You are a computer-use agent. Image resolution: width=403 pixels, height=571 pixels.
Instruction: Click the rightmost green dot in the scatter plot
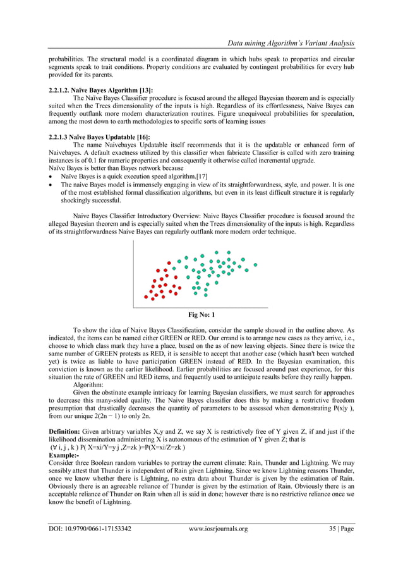(x=255, y=264)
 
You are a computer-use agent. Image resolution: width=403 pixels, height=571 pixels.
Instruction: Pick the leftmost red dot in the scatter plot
(x=146, y=297)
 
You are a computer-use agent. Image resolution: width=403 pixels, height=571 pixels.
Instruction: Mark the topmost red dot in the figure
(x=168, y=262)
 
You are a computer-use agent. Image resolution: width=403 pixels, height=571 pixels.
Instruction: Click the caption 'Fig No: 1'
(x=201, y=314)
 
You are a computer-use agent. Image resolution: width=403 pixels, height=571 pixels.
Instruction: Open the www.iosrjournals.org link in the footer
(x=219, y=529)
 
